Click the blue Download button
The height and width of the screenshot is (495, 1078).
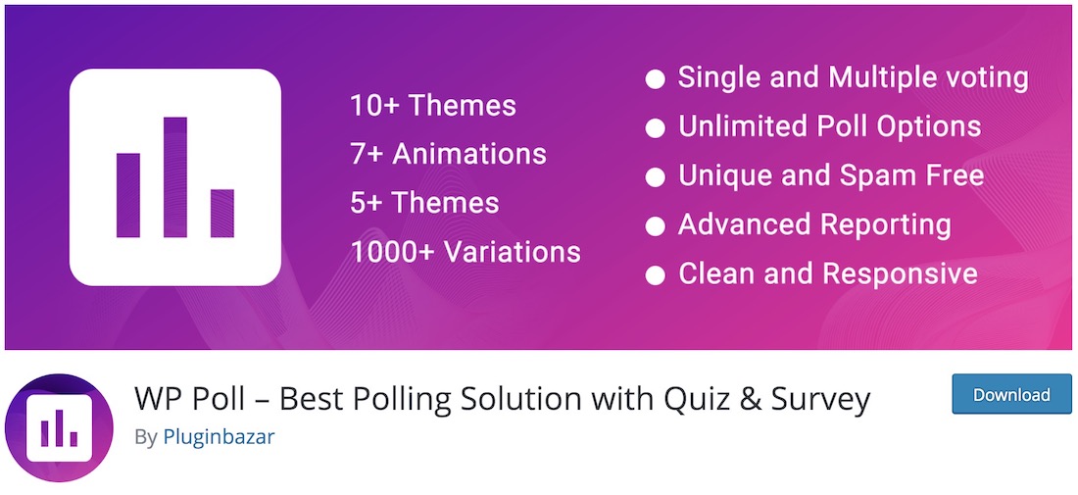[1011, 394]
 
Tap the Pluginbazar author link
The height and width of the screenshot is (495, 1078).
[219, 437]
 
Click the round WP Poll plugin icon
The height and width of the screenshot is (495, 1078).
[59, 427]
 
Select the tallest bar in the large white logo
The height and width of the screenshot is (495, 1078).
[175, 176]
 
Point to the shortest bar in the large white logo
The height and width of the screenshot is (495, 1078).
[222, 213]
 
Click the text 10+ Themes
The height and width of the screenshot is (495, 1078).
[433, 106]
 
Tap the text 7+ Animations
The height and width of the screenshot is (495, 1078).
[448, 154]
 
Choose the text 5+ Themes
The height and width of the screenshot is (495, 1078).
[425, 203]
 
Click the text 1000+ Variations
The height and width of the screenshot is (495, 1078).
[465, 252]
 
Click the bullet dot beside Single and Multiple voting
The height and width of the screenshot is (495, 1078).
[656, 79]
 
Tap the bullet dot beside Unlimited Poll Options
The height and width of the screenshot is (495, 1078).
[656, 128]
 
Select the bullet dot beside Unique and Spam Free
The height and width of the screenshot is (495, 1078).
[656, 177]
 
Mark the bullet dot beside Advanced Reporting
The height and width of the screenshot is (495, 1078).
[656, 226]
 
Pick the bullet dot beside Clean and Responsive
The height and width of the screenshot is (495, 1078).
[656, 275]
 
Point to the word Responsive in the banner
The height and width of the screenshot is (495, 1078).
[901, 273]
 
